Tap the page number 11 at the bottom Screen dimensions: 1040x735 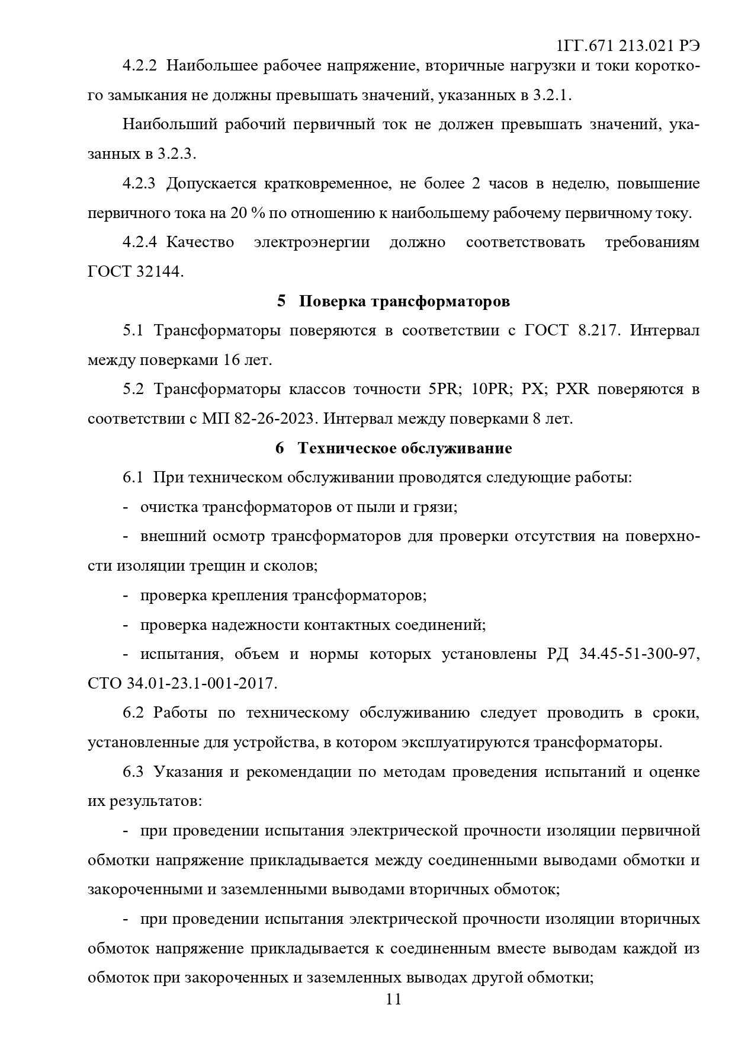(x=393, y=999)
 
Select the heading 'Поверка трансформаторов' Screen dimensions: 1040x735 (x=404, y=301)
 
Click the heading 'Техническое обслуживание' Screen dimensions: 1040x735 (x=405, y=448)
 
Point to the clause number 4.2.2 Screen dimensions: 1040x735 (x=139, y=66)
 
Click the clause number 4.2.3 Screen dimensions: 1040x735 (x=139, y=183)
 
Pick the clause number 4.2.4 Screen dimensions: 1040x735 (x=139, y=242)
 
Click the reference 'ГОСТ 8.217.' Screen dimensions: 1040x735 (x=572, y=330)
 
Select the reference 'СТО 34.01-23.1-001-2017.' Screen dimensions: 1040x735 (x=182, y=683)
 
